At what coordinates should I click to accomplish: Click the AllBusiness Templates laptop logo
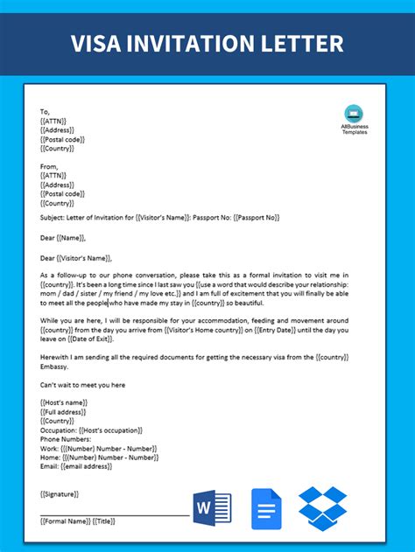354,113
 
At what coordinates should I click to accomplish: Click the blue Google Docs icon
266,508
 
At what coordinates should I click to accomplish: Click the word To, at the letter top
46,112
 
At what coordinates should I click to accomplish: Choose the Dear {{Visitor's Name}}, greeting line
77,257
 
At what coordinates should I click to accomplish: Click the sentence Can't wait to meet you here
83,384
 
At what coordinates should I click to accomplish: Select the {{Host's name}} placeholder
67,404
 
